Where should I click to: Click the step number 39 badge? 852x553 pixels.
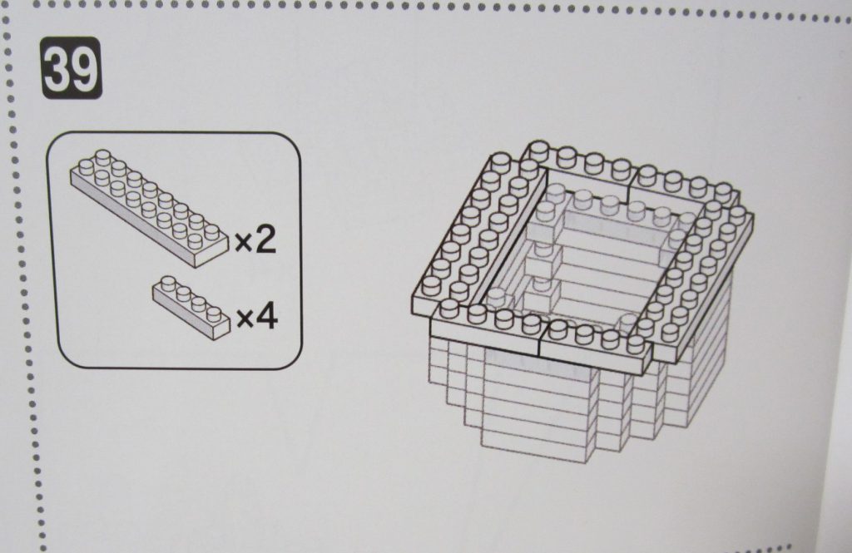click(72, 68)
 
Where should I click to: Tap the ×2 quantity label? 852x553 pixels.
click(255, 239)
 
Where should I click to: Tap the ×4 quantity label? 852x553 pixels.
click(257, 316)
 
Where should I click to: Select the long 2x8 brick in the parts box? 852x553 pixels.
click(149, 208)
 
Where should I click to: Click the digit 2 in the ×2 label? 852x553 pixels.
click(265, 239)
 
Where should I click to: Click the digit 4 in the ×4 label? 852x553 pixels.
click(267, 316)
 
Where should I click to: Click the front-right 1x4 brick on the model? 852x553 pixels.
click(597, 348)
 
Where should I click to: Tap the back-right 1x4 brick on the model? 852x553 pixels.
click(686, 187)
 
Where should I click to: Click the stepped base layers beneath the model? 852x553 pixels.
click(576, 402)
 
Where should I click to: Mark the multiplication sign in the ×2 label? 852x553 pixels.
click(243, 242)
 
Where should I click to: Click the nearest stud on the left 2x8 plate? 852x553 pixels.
click(430, 285)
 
